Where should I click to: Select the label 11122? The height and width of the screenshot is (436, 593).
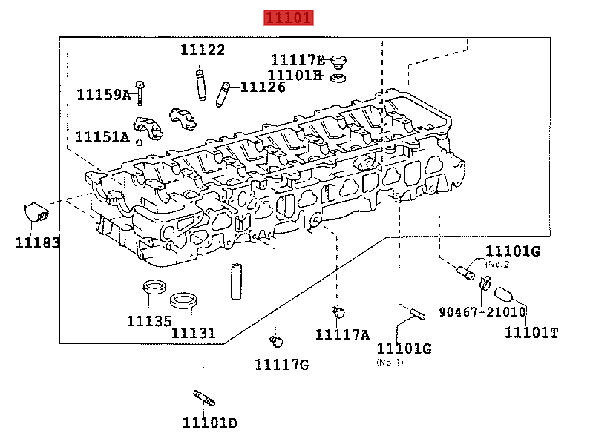[x=203, y=50]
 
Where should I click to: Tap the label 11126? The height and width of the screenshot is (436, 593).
[x=263, y=87]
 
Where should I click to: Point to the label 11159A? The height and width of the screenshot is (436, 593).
[x=104, y=95]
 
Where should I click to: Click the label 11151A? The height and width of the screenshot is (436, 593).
[x=102, y=137]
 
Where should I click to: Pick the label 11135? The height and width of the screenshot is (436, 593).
[x=148, y=321]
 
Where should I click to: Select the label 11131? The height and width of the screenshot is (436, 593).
[x=194, y=333]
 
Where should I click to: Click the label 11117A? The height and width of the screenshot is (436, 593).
[x=342, y=335]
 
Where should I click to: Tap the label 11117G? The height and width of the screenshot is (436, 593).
[x=281, y=364]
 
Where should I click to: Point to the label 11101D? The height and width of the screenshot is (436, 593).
[x=210, y=423]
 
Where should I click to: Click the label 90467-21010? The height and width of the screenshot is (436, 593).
[x=482, y=311]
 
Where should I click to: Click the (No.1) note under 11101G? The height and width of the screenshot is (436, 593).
[x=390, y=362]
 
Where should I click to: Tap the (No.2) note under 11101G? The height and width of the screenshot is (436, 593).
[x=499, y=264]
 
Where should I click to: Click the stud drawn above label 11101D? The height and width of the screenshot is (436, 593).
[x=203, y=397]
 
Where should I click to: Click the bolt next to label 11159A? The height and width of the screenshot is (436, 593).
[x=140, y=92]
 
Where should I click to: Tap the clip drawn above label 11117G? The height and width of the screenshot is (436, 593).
[x=276, y=340]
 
